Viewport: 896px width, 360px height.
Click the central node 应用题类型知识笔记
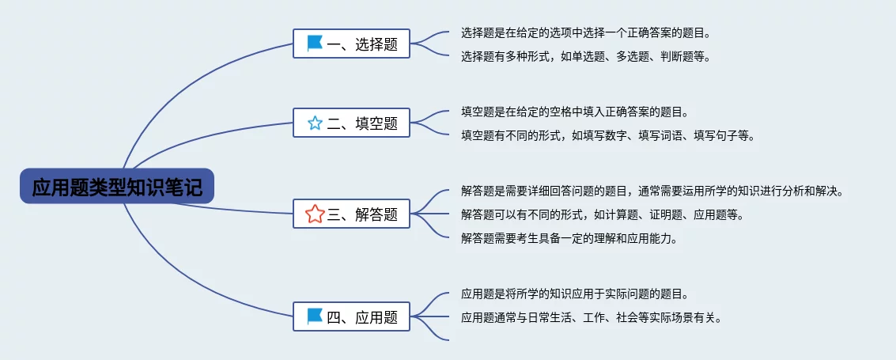117,187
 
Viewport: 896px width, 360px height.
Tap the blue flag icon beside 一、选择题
315,44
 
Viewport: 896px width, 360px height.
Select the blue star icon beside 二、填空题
315,123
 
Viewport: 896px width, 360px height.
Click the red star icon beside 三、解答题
315,214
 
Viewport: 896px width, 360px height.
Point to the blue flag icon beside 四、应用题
315,316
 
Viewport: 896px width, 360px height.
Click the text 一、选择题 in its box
362,44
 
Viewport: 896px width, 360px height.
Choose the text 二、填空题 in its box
362,123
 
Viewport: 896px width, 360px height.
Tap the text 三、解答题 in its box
362,214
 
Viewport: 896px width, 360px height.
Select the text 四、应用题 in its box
362,317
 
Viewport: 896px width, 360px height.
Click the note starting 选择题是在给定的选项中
585,33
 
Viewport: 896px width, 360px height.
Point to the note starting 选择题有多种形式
585,56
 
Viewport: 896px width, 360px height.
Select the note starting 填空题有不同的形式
607,135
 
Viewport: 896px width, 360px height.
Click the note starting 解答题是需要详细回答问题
652,191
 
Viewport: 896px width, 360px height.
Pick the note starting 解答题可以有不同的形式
602,214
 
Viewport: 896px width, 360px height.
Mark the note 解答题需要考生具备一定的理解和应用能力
569,238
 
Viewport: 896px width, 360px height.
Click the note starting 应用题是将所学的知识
574,294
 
